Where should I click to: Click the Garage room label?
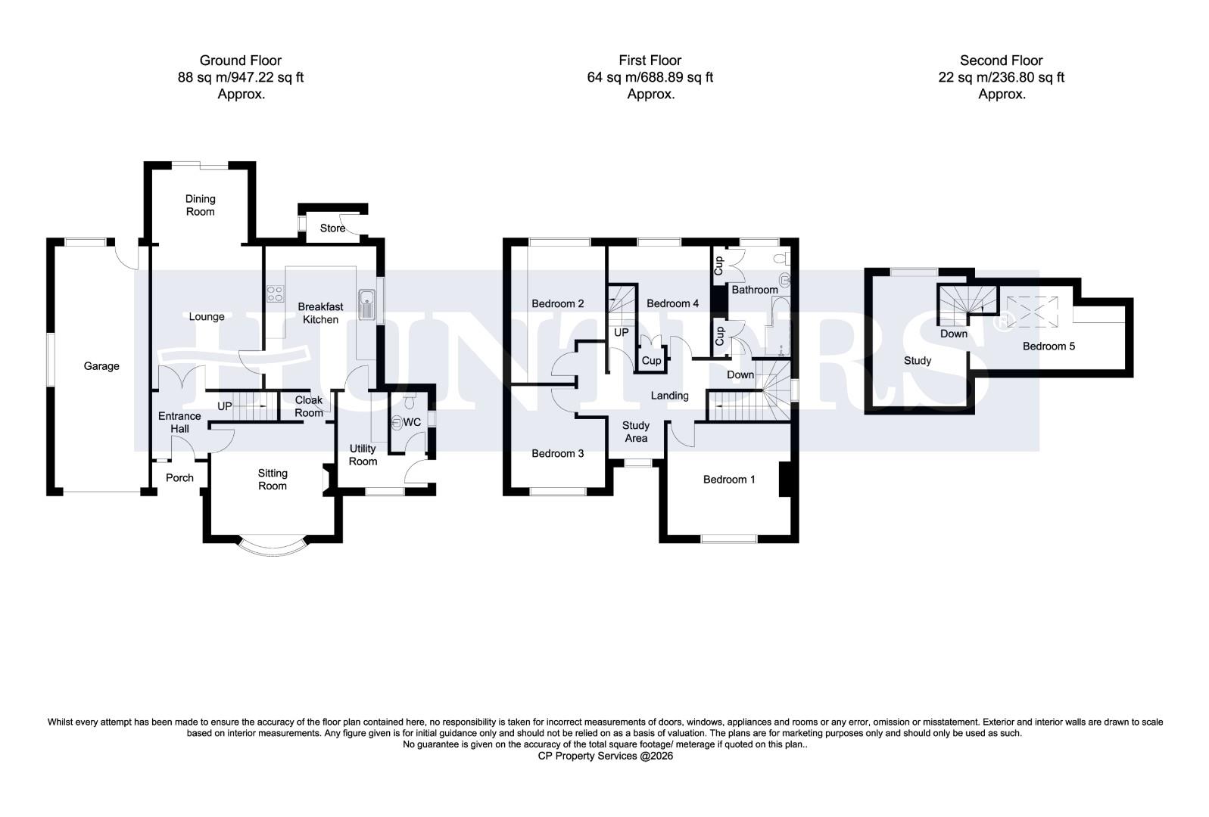101,366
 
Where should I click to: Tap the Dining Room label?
201,205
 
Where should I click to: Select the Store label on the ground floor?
332,228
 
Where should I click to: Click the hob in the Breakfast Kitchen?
274,294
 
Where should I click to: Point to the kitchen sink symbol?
367,304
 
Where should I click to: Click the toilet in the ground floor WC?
399,422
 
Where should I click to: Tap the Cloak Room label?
309,406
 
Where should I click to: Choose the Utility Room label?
363,455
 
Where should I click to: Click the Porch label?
179,477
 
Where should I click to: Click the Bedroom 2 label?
558,303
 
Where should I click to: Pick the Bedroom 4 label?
673,303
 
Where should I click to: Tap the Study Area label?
636,432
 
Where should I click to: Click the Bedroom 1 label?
729,479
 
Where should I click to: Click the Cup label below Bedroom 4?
651,361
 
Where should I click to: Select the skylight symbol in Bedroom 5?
1030,312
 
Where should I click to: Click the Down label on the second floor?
954,334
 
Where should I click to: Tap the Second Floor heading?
1002,61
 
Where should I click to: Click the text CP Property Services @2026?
605,755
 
